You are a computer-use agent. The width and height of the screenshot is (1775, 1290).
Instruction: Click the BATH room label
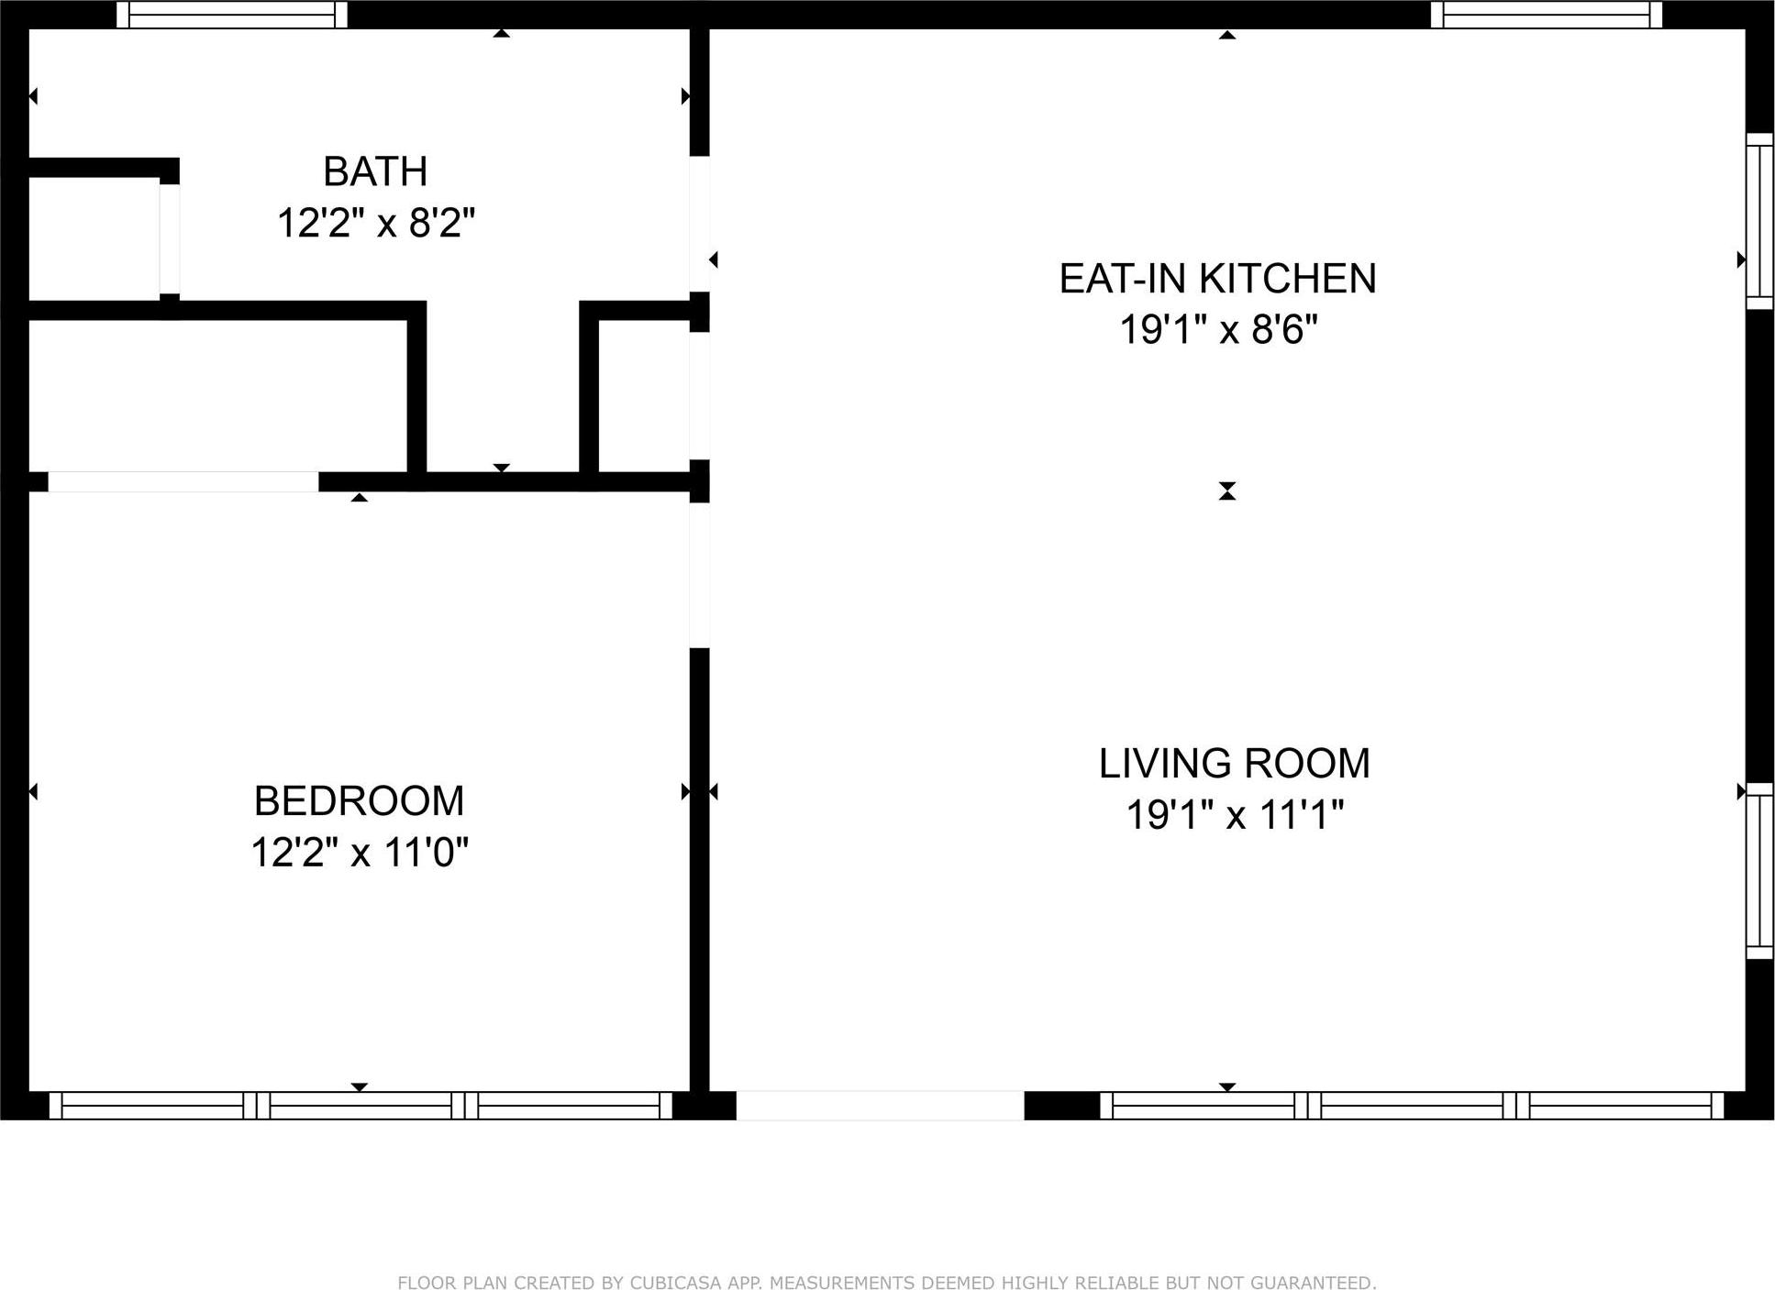(375, 171)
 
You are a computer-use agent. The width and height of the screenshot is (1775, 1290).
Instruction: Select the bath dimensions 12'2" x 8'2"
(375, 223)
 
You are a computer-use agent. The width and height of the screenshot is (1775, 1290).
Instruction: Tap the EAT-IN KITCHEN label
(1217, 279)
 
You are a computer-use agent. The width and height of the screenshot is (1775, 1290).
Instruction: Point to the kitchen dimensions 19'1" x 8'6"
(1217, 329)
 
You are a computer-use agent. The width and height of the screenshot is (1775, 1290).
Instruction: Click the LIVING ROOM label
(1234, 764)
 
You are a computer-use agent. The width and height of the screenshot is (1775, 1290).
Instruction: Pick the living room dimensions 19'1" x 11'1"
(1234, 814)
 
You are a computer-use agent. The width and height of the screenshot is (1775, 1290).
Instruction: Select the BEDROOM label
(359, 801)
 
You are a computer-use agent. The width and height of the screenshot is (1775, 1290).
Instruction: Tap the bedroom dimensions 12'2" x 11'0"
(359, 853)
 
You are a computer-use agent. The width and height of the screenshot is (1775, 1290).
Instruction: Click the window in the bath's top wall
(232, 15)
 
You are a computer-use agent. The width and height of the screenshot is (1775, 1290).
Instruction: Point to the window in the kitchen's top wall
(1546, 15)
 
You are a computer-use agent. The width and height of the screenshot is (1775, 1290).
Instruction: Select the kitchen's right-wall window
(1758, 221)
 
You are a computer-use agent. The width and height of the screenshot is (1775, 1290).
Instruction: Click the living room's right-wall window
(1758, 870)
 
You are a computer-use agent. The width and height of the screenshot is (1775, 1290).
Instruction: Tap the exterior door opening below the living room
(879, 1105)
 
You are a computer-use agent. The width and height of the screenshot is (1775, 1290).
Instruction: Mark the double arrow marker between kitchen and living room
(1226, 491)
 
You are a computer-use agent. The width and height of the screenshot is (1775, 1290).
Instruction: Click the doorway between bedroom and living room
(699, 575)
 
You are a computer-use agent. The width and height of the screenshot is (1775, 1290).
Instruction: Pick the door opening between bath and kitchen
(699, 224)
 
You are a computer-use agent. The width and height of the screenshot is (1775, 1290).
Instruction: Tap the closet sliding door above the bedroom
(183, 481)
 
